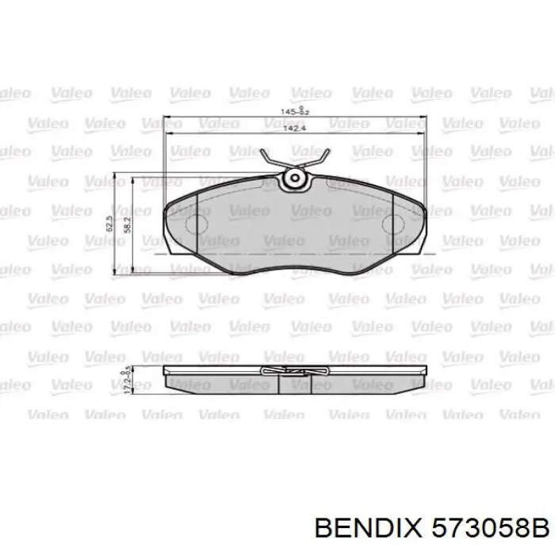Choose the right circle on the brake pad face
pyautogui.click(x=394, y=226)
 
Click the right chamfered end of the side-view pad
pyautogui.click(x=420, y=382)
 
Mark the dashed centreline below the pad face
pyautogui.click(x=293, y=254)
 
